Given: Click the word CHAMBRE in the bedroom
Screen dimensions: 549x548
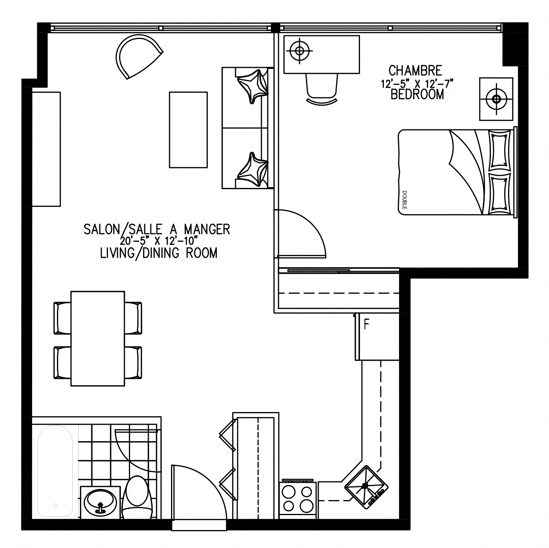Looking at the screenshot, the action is click(415, 70).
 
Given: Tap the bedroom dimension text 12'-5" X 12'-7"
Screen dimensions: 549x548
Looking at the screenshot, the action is click(417, 84).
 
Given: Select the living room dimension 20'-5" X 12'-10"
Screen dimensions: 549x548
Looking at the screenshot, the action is click(159, 241).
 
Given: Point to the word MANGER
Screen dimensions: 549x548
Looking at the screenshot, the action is click(207, 229).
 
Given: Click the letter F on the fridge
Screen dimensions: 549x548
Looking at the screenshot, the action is click(367, 324).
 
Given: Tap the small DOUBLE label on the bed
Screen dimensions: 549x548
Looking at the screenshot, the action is click(404, 200).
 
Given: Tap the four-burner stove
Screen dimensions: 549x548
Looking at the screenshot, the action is click(298, 499).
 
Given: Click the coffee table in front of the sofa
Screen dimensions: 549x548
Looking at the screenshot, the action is click(188, 130).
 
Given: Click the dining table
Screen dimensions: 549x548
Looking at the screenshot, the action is click(98, 339).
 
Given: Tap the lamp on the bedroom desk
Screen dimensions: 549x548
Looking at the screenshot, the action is click(300, 51).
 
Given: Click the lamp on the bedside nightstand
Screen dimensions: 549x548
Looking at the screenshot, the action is click(497, 99).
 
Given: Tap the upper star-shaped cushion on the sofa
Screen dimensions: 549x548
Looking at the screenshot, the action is click(253, 86).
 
